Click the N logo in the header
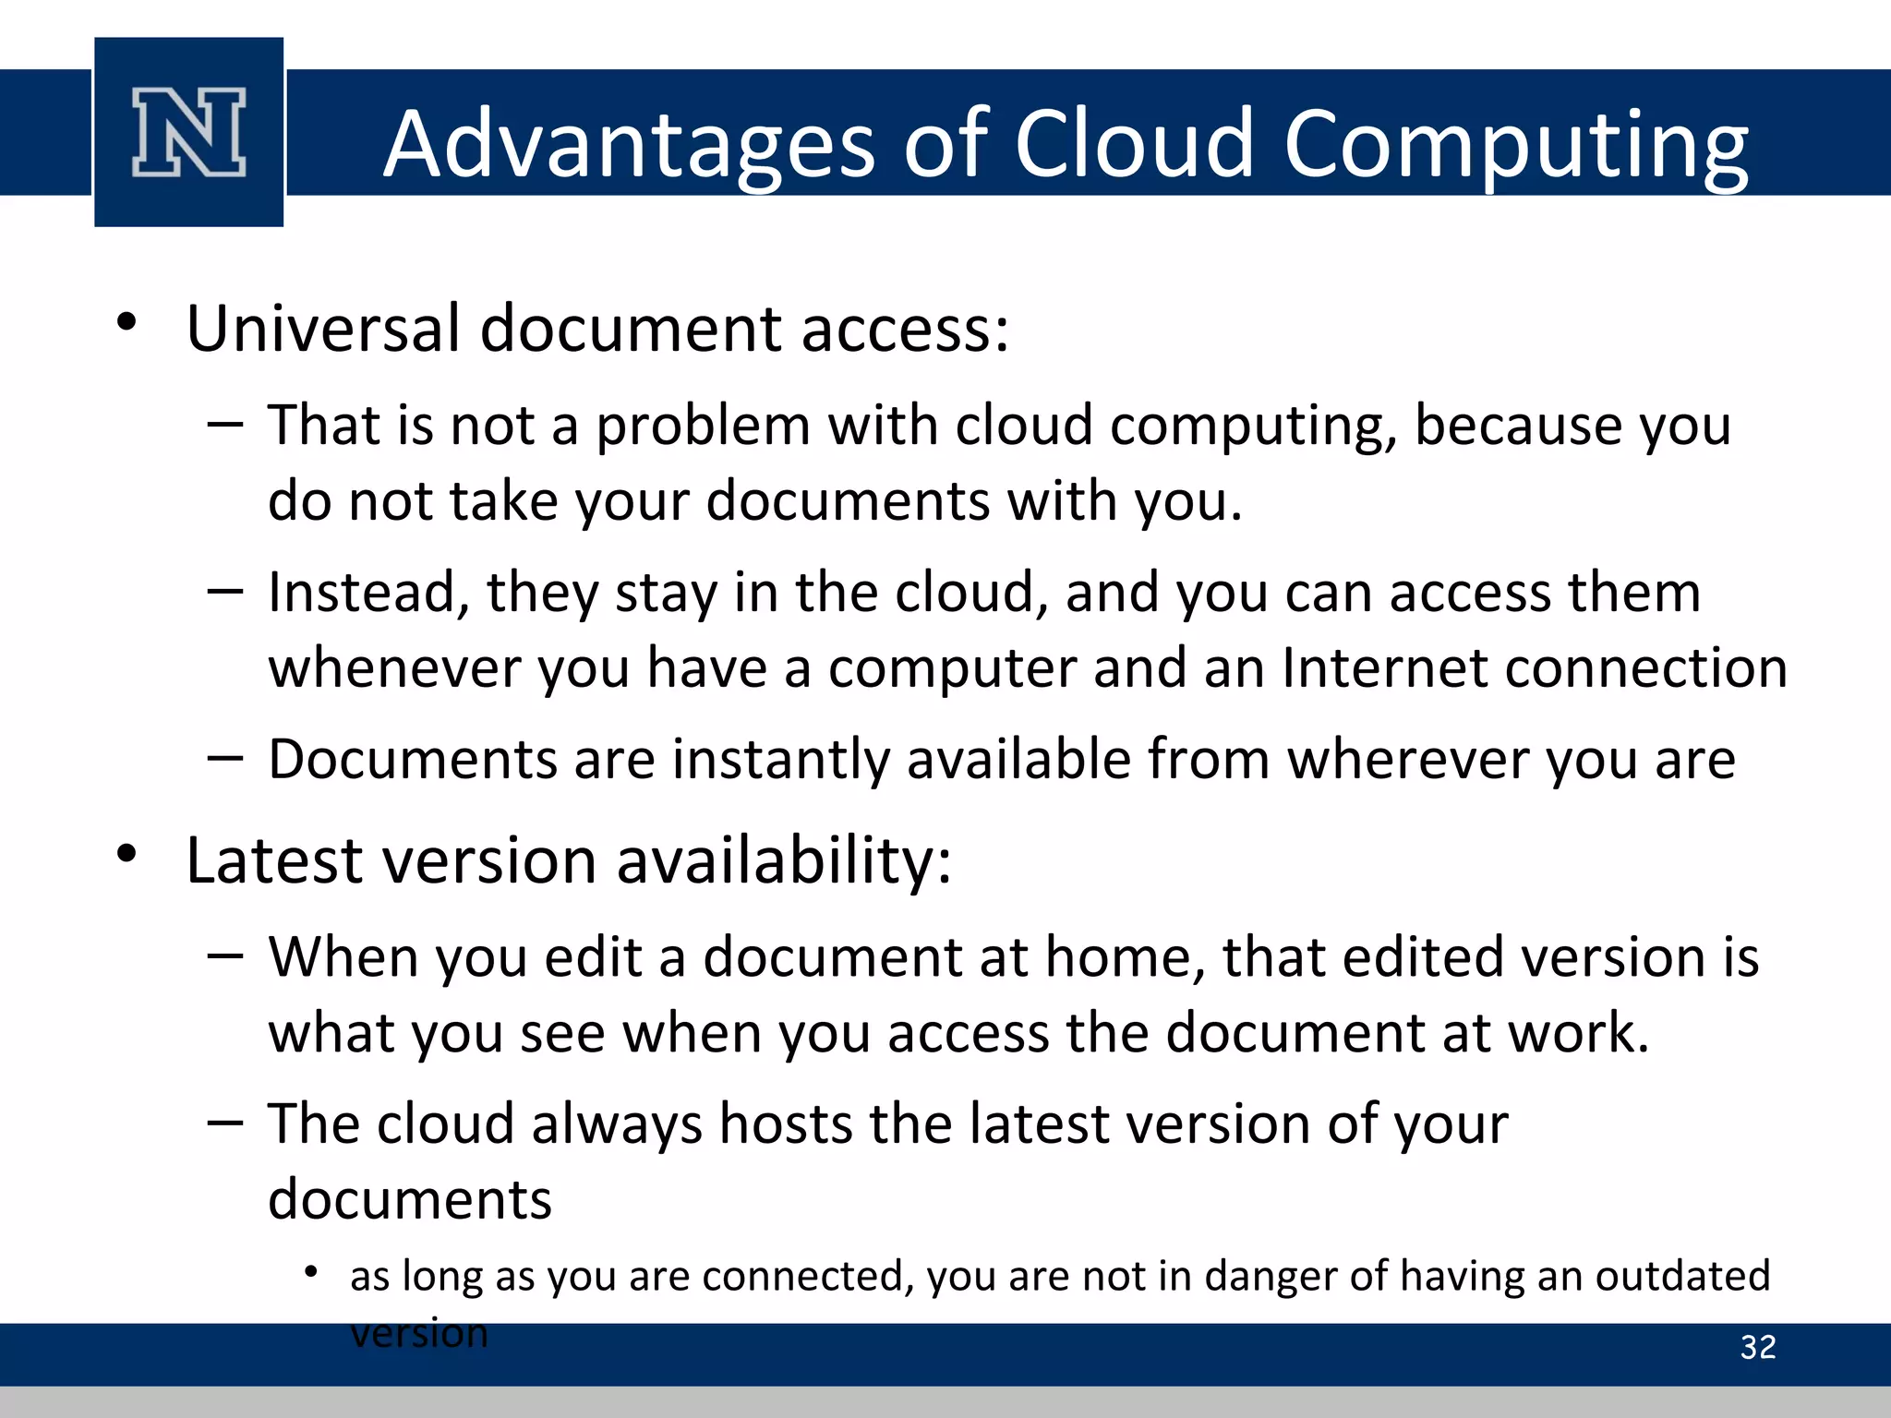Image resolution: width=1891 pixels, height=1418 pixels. point(189,132)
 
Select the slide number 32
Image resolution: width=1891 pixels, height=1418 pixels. point(1757,1347)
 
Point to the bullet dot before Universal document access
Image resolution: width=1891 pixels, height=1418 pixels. point(127,323)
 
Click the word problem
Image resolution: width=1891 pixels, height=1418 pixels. point(703,427)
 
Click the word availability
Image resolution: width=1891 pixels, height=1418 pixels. point(783,861)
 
